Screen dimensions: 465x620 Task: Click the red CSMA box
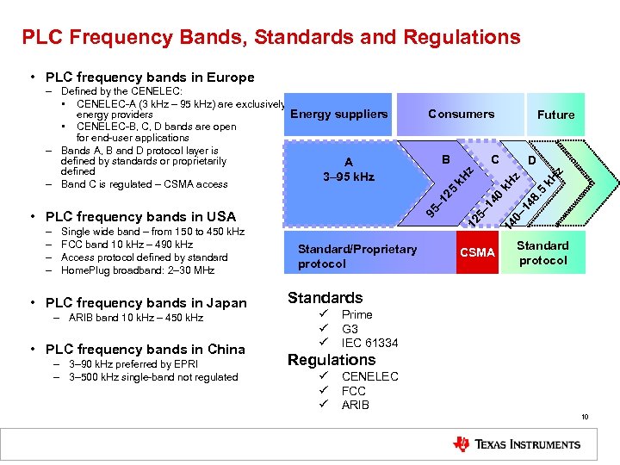[x=477, y=252]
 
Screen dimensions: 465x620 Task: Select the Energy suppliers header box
[x=339, y=114]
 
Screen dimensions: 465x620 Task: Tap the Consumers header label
[x=461, y=114]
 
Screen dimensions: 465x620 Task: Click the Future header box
[x=555, y=115]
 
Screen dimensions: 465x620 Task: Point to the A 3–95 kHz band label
[x=347, y=170]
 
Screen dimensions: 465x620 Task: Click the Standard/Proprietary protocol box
[x=356, y=256]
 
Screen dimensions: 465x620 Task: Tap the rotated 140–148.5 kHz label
[x=533, y=201]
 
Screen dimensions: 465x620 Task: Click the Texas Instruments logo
[x=517, y=444]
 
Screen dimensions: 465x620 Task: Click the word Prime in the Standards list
[x=356, y=315]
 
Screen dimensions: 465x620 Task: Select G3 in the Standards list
[x=350, y=329]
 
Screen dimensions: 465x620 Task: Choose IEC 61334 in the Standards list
[x=369, y=343]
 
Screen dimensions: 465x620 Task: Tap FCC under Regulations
[x=353, y=391]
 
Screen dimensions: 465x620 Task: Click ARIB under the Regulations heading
[x=355, y=405]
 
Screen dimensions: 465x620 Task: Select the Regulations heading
[x=332, y=360]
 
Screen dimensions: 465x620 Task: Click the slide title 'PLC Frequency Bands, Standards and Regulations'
[x=271, y=37]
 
